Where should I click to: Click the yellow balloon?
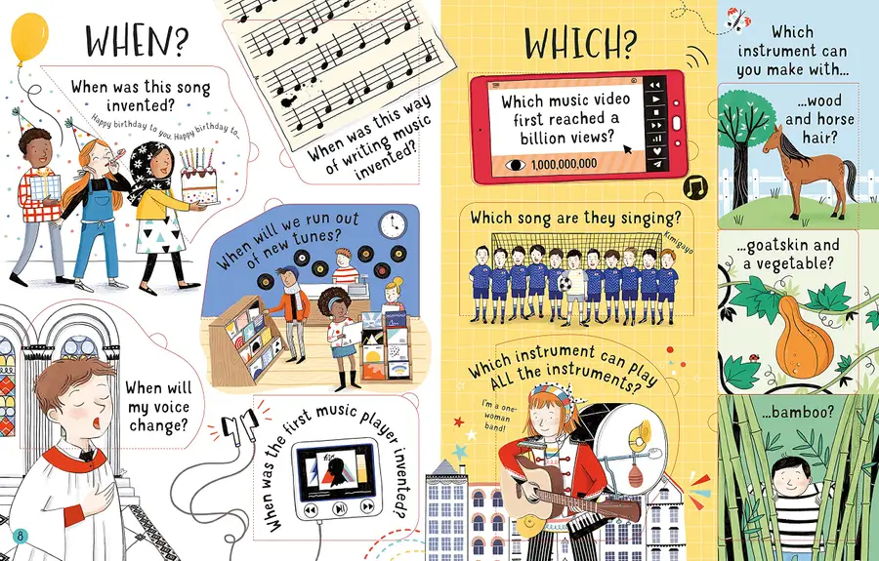coord(29,37)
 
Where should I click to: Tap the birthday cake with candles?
coord(199,177)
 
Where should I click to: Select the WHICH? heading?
coord(580,43)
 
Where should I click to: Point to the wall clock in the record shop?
coord(393,224)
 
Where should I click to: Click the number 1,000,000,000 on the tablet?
coord(564,164)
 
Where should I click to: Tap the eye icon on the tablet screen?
coord(515,165)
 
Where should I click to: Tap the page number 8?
coord(20,536)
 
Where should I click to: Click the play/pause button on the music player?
coord(339,508)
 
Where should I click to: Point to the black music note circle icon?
coord(695,187)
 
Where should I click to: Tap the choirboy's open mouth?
coord(98,422)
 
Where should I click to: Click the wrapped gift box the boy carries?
coord(44,187)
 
